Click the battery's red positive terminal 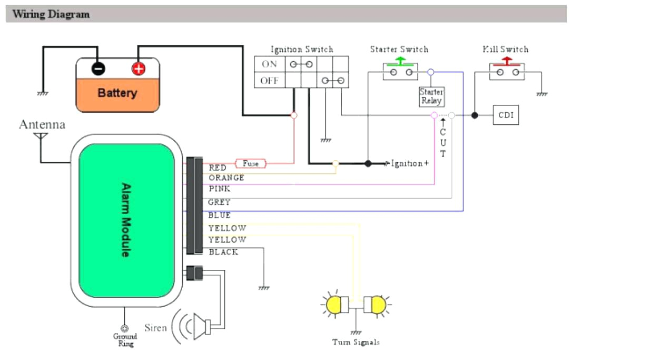(x=138, y=69)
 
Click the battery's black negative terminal (x=98, y=69)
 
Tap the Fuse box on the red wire (x=251, y=163)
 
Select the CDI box (x=506, y=115)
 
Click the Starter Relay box (x=431, y=96)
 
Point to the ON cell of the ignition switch (x=269, y=64)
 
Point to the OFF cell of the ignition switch (x=269, y=81)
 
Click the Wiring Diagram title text (x=51, y=14)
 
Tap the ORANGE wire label (x=226, y=178)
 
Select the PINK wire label (x=220, y=189)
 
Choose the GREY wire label (x=219, y=202)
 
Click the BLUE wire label (x=220, y=215)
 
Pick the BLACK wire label (x=223, y=252)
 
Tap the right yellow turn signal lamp (x=378, y=304)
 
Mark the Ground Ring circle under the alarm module (x=125, y=328)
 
